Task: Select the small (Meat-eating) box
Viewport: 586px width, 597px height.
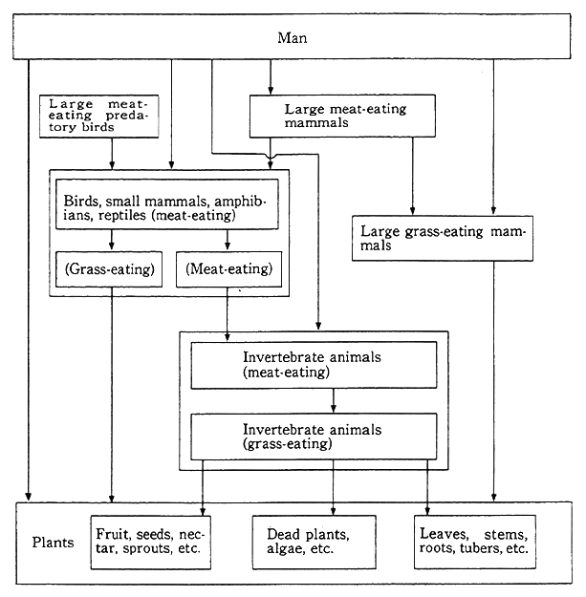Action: (229, 269)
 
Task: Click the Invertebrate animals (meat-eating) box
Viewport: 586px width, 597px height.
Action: (313, 365)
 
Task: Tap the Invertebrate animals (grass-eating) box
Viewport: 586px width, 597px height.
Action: (313, 437)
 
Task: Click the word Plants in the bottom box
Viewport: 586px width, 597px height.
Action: (53, 543)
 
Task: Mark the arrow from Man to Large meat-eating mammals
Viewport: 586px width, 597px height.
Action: (270, 76)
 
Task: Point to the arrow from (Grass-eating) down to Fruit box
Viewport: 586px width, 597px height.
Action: (113, 401)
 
